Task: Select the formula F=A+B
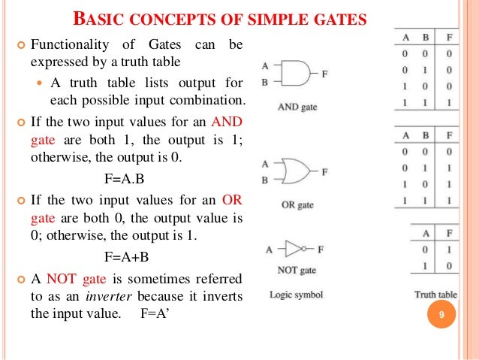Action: tap(127, 256)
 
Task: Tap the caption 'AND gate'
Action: tap(298, 107)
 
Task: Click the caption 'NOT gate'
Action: tap(297, 270)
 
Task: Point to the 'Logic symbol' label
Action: tap(297, 295)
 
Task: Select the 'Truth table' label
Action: tap(435, 295)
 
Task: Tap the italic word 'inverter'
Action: tap(110, 295)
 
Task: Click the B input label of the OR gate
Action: tap(264, 180)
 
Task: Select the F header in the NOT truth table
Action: tap(449, 234)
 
